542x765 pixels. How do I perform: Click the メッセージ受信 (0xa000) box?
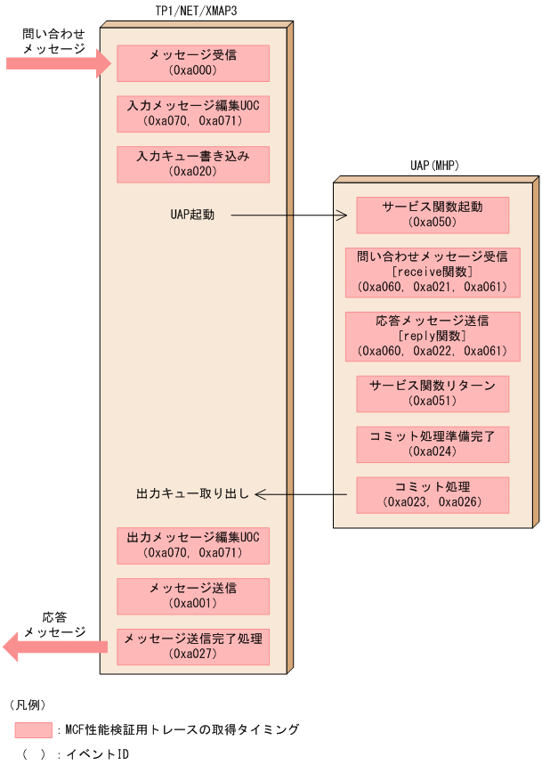click(193, 63)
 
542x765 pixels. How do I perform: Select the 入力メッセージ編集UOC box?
click(193, 114)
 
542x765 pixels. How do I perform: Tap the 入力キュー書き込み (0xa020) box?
click(193, 164)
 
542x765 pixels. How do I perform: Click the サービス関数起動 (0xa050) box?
click(432, 215)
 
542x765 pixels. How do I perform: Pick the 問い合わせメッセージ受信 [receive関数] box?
click(432, 272)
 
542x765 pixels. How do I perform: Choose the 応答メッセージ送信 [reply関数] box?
click(432, 335)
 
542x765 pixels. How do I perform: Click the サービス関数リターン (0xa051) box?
click(432, 393)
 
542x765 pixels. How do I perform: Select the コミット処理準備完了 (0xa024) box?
click(432, 444)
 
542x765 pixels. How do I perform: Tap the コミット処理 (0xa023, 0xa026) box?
click(432, 494)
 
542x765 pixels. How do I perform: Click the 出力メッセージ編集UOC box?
click(193, 545)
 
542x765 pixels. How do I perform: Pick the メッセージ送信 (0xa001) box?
click(193, 596)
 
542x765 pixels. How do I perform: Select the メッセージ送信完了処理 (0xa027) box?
click(193, 647)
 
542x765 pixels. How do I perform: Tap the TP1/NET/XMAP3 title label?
click(193, 10)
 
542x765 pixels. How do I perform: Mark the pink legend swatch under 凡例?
click(33, 730)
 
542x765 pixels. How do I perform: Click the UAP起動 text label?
click(192, 216)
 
